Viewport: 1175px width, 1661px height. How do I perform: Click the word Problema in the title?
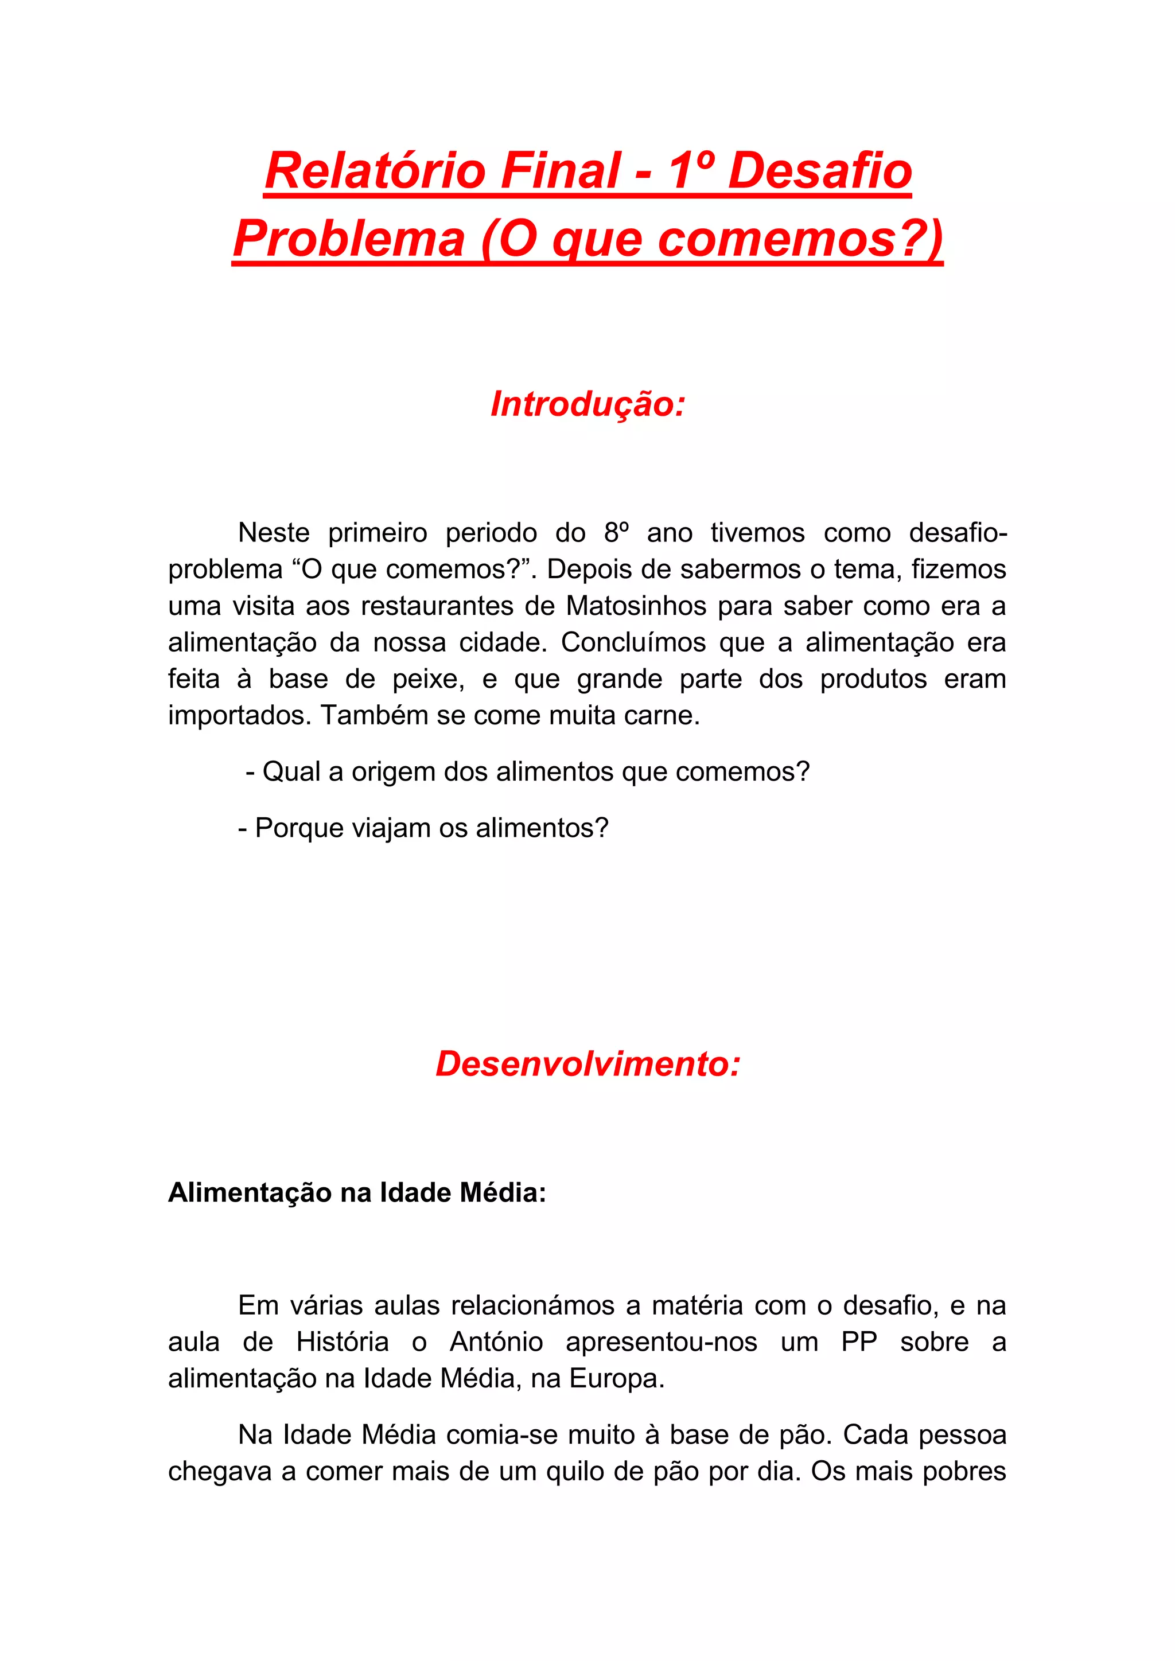pos(349,239)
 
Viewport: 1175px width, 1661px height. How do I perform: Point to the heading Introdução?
pos(587,404)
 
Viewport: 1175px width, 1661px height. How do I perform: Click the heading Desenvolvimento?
pos(587,1064)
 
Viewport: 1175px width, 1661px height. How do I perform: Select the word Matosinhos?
pos(636,606)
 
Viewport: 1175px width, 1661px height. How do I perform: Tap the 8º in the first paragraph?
pos(616,533)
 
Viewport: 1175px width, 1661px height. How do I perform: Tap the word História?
pos(342,1342)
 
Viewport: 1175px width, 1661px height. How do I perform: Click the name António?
pos(496,1342)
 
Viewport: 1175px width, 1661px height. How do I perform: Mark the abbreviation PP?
pos(859,1342)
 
